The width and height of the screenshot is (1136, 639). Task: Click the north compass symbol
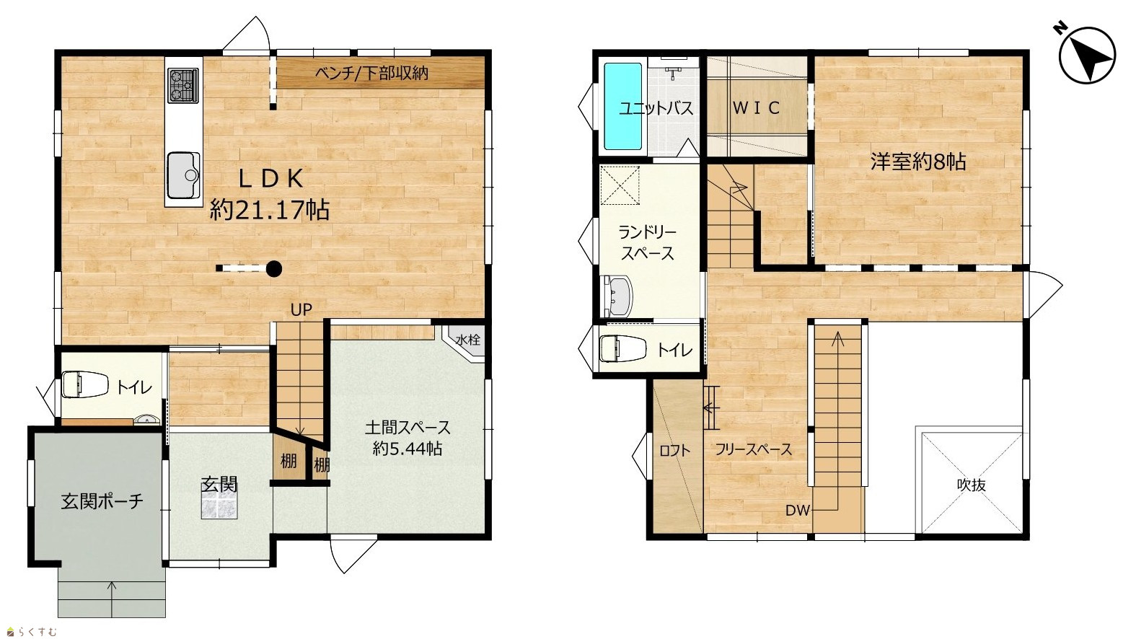pyautogui.click(x=1086, y=54)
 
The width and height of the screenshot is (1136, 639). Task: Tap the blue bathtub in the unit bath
pyautogui.click(x=622, y=106)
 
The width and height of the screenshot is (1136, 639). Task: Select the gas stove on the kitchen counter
pyautogui.click(x=182, y=85)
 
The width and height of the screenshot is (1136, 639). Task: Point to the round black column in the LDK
pyautogui.click(x=274, y=268)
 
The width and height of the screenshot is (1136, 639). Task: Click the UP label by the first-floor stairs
pyautogui.click(x=301, y=309)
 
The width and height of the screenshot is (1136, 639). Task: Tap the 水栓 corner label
pyautogui.click(x=467, y=339)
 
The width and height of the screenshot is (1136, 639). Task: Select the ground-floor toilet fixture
pyautogui.click(x=84, y=384)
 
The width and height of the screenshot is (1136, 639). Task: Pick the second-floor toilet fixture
pyautogui.click(x=622, y=349)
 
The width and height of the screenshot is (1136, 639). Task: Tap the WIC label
pyautogui.click(x=756, y=107)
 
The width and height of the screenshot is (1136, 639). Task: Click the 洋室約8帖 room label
pyautogui.click(x=918, y=162)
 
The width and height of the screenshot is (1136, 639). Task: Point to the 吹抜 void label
pyautogui.click(x=971, y=485)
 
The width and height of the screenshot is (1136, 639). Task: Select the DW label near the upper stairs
pyautogui.click(x=798, y=511)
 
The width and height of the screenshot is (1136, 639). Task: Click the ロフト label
pyautogui.click(x=674, y=450)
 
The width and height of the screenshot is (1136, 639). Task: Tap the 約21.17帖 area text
pyautogui.click(x=270, y=209)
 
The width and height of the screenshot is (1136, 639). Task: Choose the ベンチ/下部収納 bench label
pyautogui.click(x=371, y=74)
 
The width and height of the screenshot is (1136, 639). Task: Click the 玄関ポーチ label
pyautogui.click(x=102, y=501)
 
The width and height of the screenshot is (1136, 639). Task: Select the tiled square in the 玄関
pyautogui.click(x=219, y=504)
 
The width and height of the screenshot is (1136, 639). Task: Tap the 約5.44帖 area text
pyautogui.click(x=408, y=449)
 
